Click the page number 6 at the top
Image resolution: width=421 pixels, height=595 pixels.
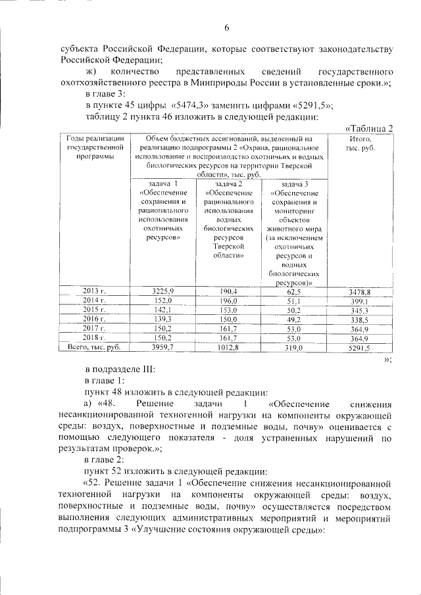click(x=226, y=27)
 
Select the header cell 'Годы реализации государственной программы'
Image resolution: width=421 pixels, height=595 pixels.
click(x=95, y=148)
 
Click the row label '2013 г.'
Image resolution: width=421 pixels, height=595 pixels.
click(x=95, y=291)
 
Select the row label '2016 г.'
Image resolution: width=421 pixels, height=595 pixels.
click(x=95, y=318)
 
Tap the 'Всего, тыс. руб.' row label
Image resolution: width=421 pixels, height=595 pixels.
click(x=95, y=346)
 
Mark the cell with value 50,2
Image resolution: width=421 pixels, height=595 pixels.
click(x=293, y=310)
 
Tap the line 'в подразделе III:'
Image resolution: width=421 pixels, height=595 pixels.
click(x=120, y=369)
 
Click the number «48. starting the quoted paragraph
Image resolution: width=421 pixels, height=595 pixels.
click(x=113, y=403)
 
